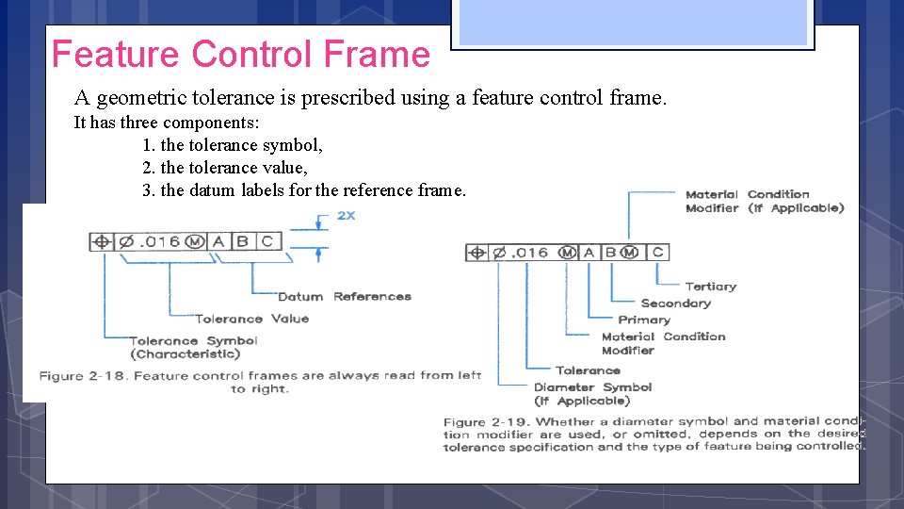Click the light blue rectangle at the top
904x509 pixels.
tap(633, 21)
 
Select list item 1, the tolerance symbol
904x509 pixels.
tap(233, 145)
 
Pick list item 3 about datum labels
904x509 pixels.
tap(303, 190)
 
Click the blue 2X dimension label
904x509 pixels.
tap(346, 216)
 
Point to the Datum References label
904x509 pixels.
tap(345, 296)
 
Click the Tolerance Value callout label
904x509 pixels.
tap(251, 319)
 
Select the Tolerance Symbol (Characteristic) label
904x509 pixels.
tap(185, 347)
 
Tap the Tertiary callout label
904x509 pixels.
tap(711, 287)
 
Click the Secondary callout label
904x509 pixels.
tap(675, 304)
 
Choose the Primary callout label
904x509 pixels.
tap(644, 320)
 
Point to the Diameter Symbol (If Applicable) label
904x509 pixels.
tap(592, 394)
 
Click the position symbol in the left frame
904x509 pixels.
tap(102, 241)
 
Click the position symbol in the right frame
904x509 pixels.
tap(477, 253)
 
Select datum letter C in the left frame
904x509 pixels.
tap(267, 241)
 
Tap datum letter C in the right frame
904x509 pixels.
tap(657, 252)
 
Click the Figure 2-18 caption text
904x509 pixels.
tap(260, 382)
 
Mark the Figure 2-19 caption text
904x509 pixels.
tap(654, 434)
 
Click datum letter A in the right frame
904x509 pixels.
tap(589, 252)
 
